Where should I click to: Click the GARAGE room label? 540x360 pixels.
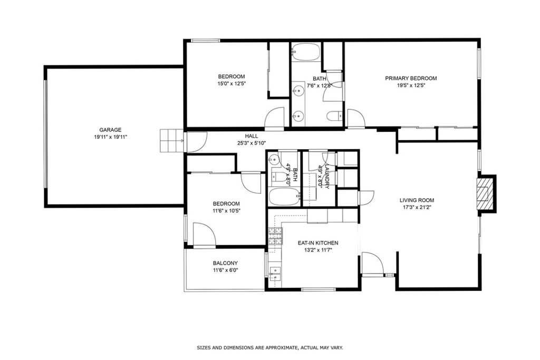(110, 130)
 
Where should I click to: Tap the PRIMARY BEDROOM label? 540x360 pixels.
(411, 78)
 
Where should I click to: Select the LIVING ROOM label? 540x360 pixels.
(417, 200)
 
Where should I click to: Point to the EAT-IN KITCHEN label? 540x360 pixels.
(318, 243)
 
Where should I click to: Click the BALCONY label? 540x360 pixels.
(225, 264)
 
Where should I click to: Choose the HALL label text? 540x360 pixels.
(252, 136)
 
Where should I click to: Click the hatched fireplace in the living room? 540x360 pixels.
(485, 193)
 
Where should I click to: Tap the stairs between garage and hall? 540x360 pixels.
(171, 140)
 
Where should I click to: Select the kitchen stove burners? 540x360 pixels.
(275, 237)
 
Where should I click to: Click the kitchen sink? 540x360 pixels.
(275, 274)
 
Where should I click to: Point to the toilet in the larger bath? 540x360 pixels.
(334, 116)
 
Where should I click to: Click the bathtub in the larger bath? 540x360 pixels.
(306, 52)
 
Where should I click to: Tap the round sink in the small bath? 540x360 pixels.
(275, 159)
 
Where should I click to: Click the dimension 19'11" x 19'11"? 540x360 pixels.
(110, 137)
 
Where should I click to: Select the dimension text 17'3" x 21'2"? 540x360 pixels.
(417, 207)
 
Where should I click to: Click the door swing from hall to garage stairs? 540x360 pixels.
(196, 142)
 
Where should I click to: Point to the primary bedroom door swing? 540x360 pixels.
(356, 119)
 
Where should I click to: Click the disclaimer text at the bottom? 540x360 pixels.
(269, 347)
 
